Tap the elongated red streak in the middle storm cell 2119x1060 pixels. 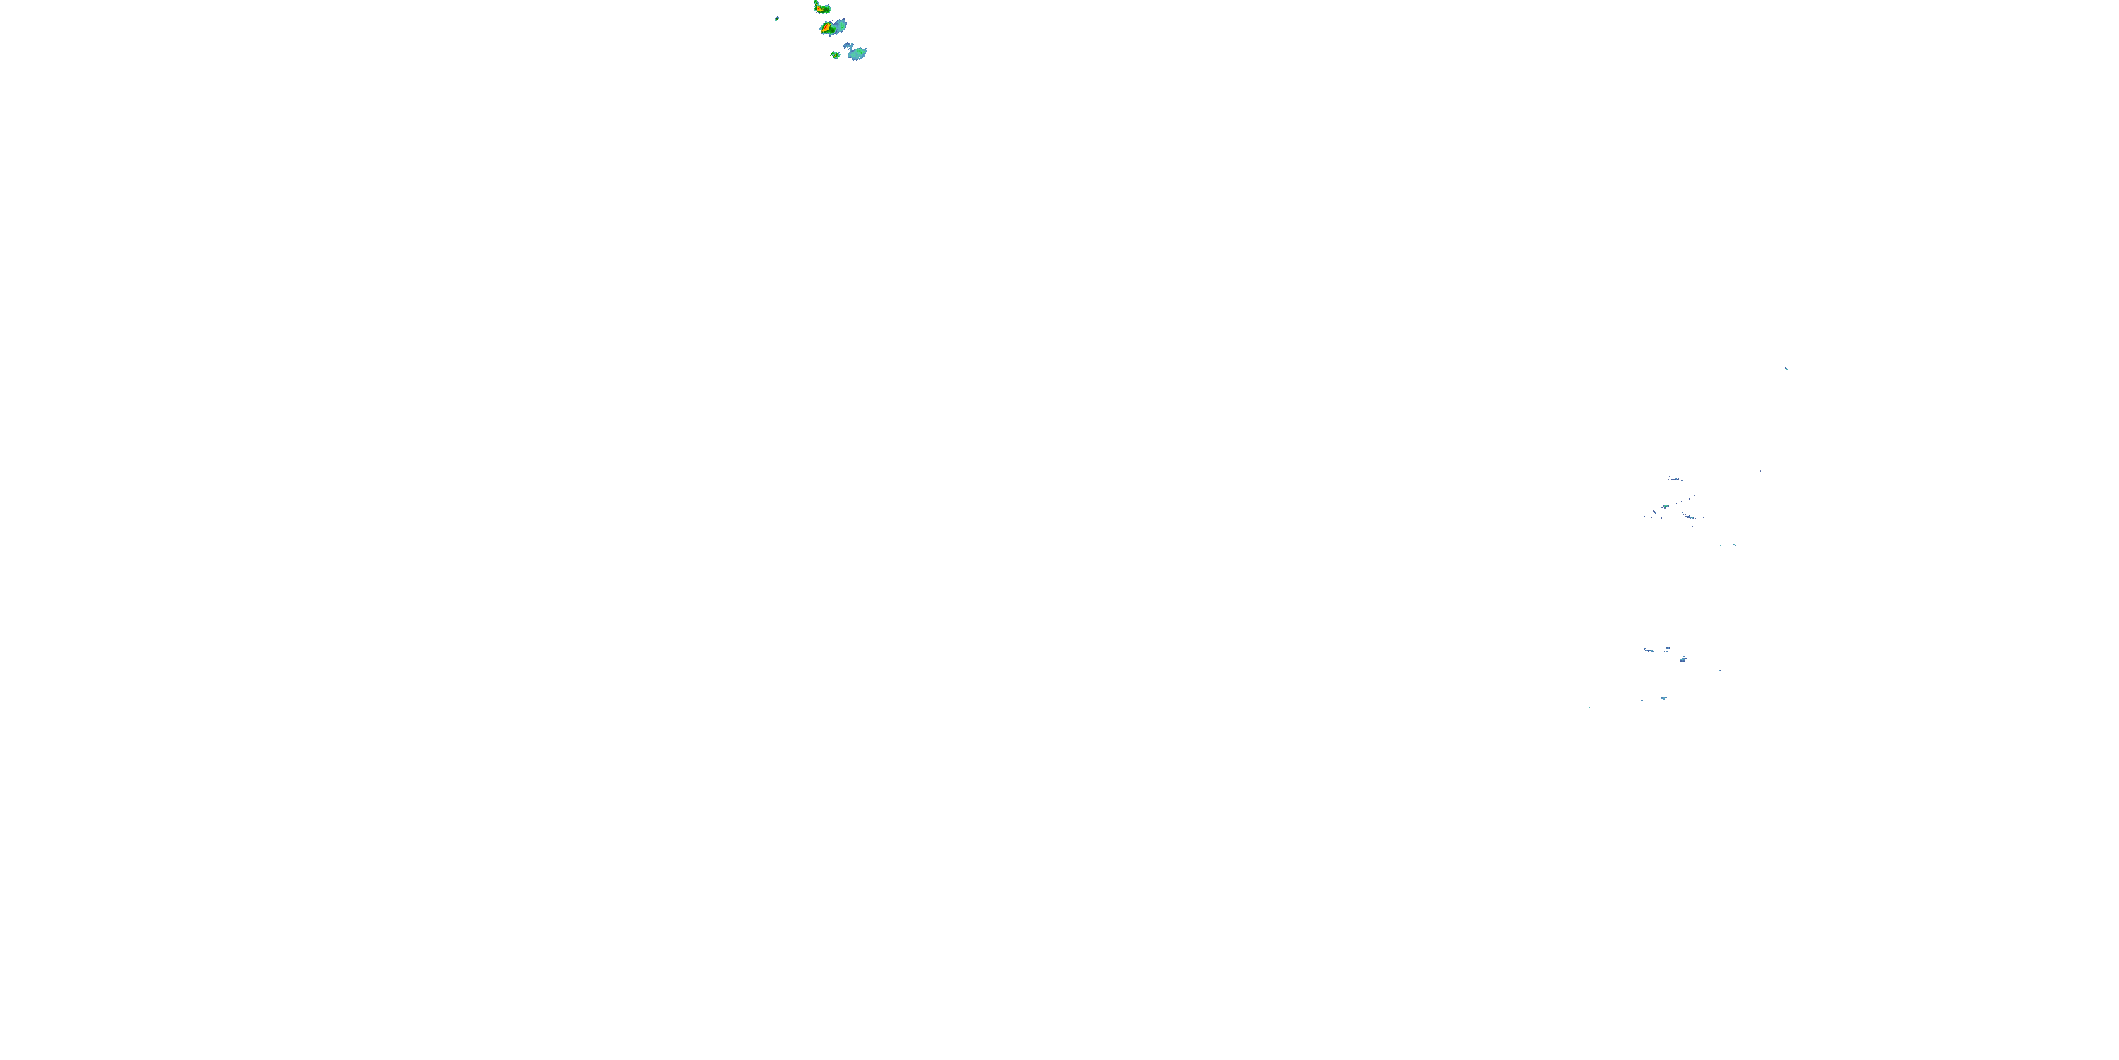[825, 27]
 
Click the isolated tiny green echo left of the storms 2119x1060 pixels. [776, 18]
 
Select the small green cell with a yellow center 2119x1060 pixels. [835, 55]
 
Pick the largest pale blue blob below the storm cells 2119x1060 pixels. [857, 54]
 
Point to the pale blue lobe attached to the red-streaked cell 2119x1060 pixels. [839, 25]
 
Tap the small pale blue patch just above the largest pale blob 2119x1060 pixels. [848, 45]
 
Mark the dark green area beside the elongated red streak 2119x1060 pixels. [831, 30]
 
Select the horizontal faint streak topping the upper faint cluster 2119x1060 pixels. [1675, 479]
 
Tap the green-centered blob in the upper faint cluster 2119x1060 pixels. [1665, 507]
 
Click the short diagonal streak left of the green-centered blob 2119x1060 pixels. [1654, 513]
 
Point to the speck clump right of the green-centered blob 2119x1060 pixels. [1688, 515]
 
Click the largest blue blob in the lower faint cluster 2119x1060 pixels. [1683, 659]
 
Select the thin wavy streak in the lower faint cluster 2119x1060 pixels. [1649, 649]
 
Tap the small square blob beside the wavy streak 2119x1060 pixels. [1668, 649]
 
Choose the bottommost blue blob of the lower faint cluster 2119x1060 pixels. [1663, 698]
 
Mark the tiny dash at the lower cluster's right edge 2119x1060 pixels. [1719, 670]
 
